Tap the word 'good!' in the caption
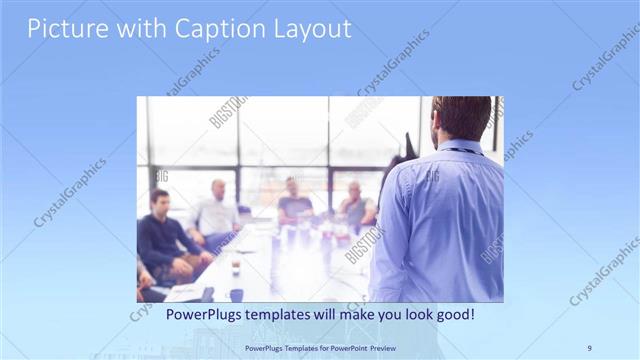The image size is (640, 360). [455, 314]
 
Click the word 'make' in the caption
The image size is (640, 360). [349, 314]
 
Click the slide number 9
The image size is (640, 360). [589, 347]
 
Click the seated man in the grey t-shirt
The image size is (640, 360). [294, 204]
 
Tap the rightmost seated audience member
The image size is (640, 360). [355, 206]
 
